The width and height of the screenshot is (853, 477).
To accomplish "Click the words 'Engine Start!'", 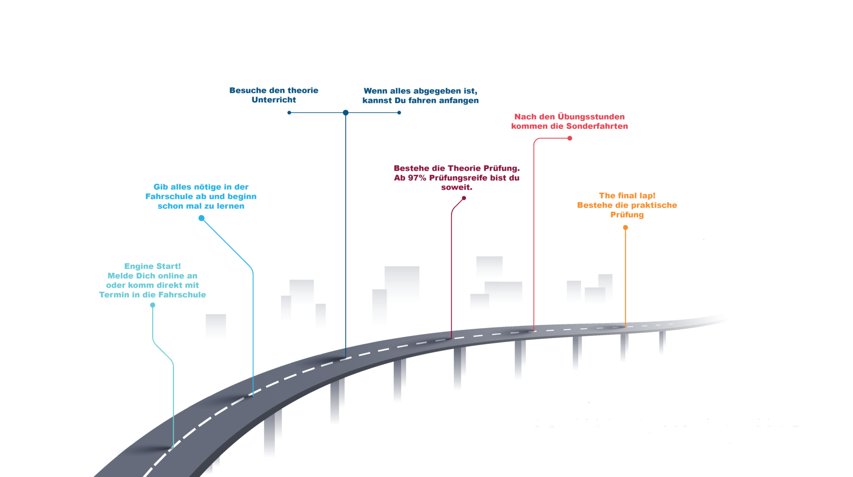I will point(152,266).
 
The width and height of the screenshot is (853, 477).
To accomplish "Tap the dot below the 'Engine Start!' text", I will point(153,305).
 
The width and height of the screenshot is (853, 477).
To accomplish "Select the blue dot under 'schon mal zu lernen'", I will point(202,218).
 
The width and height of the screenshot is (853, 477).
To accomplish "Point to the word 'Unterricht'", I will point(274,100).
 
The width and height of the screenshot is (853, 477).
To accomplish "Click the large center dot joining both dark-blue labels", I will point(346,113).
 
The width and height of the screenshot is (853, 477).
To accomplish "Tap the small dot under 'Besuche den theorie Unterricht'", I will point(289,113).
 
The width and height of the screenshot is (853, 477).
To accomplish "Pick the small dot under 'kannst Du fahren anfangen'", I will point(399,113).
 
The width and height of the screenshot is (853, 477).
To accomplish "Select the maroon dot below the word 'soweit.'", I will point(464,198).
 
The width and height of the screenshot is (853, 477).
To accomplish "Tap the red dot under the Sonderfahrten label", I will point(570,138).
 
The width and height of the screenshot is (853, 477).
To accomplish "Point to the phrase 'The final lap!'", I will point(627,196).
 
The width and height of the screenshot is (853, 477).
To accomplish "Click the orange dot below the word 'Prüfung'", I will point(626,228).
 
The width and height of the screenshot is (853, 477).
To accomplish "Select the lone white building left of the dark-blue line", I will point(216,334).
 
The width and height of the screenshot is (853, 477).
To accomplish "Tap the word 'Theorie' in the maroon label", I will point(457,169).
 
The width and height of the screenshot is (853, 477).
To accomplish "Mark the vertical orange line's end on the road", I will point(625,326).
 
